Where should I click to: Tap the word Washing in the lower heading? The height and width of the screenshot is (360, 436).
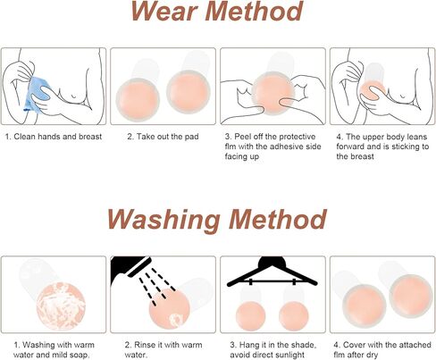pyautogui.click(x=163, y=220)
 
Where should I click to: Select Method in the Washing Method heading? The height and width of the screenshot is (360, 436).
pyautogui.click(x=278, y=219)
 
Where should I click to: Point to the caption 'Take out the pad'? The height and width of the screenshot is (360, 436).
pyautogui.click(x=168, y=137)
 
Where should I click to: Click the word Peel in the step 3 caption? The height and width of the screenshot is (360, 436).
pyautogui.click(x=242, y=137)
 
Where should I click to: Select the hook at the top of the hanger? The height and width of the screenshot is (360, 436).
pyautogui.click(x=272, y=262)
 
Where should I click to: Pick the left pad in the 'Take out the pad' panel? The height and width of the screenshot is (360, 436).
pyautogui.click(x=138, y=100)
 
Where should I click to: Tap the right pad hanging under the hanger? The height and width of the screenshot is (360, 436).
pyautogui.click(x=294, y=316)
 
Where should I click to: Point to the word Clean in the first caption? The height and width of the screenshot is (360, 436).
pyautogui.click(x=24, y=137)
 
